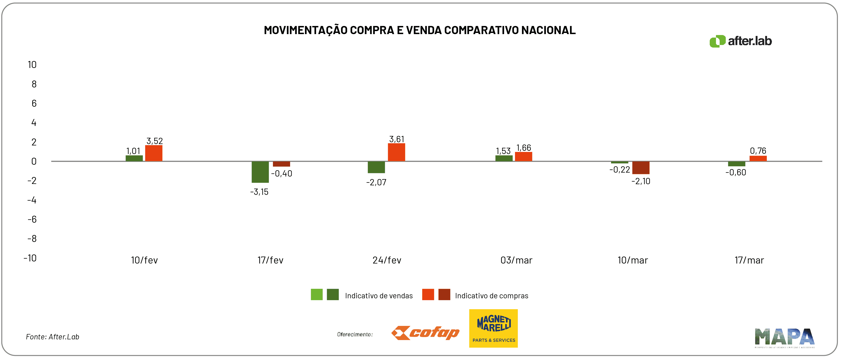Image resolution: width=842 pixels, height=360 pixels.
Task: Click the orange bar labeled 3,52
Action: (x=154, y=153)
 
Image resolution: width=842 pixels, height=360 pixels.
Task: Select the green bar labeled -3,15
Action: (x=260, y=172)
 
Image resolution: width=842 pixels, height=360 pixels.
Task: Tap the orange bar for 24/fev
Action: (x=396, y=152)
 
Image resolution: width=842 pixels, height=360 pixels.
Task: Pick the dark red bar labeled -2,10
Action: (x=641, y=167)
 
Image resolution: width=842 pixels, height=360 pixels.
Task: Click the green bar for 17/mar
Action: (x=736, y=164)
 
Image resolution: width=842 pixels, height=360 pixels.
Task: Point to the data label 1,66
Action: (x=524, y=148)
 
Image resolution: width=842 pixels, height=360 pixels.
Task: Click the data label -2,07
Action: (x=376, y=182)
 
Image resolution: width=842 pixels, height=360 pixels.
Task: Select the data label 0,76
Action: (x=758, y=151)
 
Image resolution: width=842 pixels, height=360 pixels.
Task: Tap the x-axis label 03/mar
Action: (x=516, y=260)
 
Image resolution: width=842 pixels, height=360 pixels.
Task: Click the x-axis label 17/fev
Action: (x=270, y=260)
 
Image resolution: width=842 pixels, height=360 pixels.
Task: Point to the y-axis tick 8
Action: (x=34, y=84)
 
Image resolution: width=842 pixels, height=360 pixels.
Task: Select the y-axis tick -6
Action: (x=32, y=219)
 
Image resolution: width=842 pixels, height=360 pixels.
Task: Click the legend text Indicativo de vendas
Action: (x=379, y=296)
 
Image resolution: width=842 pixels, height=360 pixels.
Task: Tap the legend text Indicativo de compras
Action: (x=491, y=296)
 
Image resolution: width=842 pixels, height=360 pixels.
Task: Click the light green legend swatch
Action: (x=316, y=294)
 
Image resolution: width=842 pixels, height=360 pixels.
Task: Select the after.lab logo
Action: (x=741, y=41)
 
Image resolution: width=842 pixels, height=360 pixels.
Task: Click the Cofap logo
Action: (x=425, y=333)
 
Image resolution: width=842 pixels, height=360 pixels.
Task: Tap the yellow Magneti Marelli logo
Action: (x=493, y=328)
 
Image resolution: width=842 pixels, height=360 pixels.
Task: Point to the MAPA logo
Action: (x=784, y=337)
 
